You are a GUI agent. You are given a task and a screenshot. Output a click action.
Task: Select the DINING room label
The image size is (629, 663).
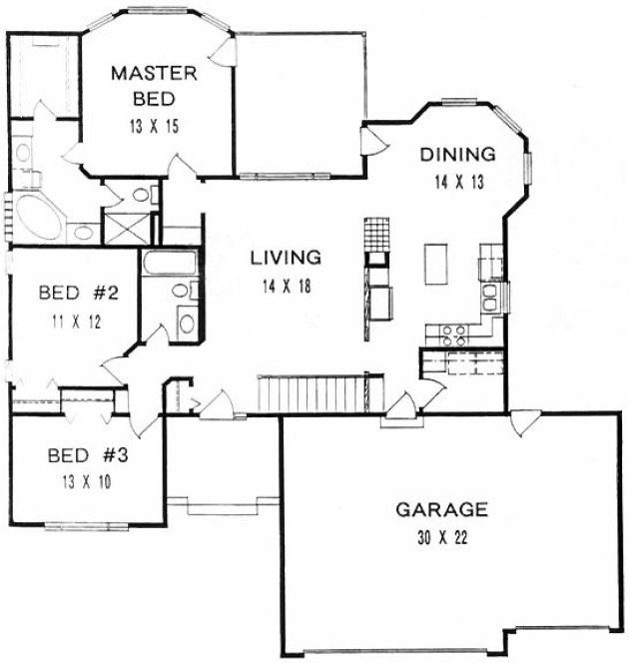pos(457,155)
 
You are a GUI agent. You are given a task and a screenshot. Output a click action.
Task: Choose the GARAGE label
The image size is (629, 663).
pos(440,510)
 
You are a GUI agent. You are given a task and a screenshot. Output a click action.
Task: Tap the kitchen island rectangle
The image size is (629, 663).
pos(435,265)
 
